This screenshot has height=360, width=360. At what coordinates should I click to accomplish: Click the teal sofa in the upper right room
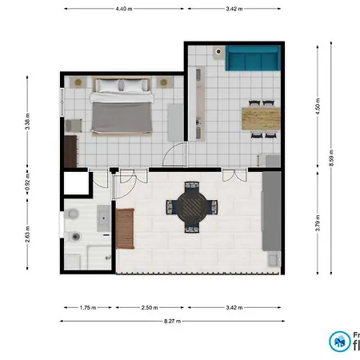pyautogui.click(x=252, y=58)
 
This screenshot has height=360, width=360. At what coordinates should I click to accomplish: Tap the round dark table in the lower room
pyautogui.click(x=190, y=207)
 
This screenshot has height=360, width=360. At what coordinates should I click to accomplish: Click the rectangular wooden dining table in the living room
pyautogui.click(x=262, y=118)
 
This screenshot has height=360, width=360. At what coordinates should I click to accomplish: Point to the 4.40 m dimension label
pyautogui.click(x=124, y=9)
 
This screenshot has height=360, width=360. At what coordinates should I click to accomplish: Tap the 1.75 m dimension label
pyautogui.click(x=88, y=306)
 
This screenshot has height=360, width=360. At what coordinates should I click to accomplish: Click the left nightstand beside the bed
pyautogui.click(x=78, y=82)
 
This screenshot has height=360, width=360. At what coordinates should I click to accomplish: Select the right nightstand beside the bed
pyautogui.click(x=165, y=82)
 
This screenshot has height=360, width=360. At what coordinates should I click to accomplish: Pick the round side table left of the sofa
pyautogui.click(x=217, y=51)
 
